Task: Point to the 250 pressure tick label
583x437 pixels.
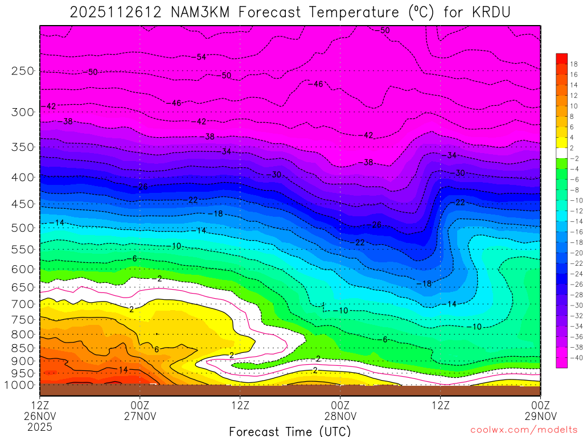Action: point(23,71)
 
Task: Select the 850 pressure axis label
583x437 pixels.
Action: point(23,348)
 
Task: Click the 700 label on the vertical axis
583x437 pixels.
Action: point(23,304)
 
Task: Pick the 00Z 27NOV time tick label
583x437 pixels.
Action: point(140,410)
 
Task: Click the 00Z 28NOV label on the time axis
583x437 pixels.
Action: point(340,410)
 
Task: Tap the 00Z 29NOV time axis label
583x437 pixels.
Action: point(540,410)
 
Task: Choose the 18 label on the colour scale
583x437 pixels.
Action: point(574,64)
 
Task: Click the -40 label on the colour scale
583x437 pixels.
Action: point(574,357)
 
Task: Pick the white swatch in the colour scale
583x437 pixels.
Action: point(561,152)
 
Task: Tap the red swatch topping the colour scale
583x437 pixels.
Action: point(561,58)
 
